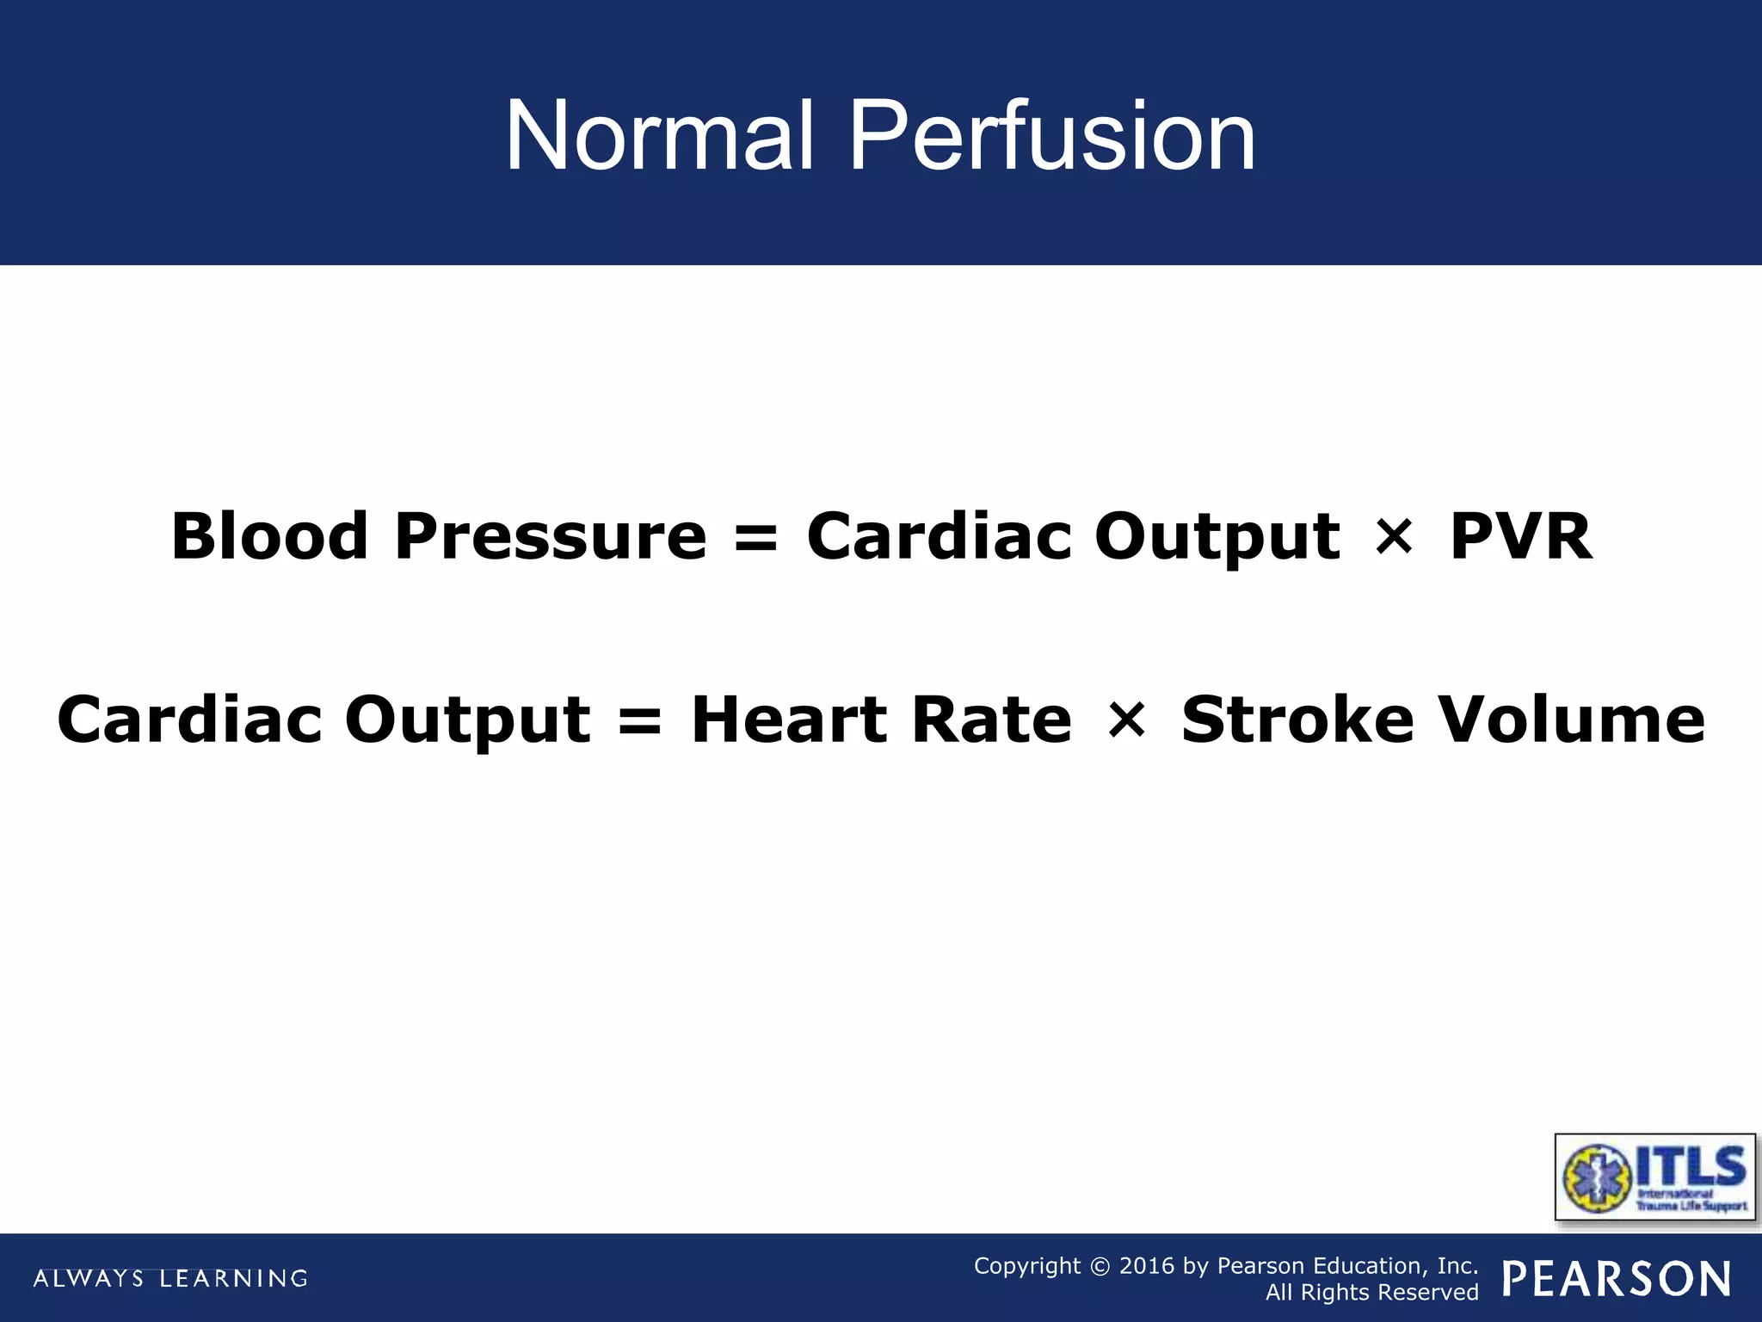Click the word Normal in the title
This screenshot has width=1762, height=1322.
[659, 137]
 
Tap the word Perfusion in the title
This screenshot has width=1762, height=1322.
[1051, 137]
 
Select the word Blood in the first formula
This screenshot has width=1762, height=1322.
[269, 536]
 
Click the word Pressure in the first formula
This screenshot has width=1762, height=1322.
[551, 536]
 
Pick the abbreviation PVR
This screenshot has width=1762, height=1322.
[1520, 536]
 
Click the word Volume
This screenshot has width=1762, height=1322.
[1572, 720]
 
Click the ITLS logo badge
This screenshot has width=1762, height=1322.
[1654, 1177]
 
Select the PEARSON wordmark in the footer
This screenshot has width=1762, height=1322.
[1617, 1278]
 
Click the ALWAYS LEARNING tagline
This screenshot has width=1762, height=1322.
[170, 1278]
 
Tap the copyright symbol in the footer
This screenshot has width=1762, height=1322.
[1100, 1266]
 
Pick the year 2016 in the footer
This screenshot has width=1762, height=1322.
[1146, 1266]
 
